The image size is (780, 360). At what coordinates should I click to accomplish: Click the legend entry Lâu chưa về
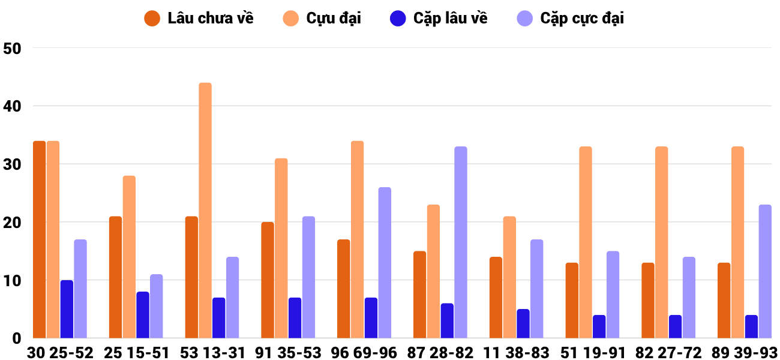tap(199, 19)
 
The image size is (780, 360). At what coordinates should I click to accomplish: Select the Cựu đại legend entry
tap(322, 19)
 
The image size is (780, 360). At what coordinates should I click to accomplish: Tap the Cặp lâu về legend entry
tap(439, 19)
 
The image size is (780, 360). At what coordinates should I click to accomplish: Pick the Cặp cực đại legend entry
tap(571, 19)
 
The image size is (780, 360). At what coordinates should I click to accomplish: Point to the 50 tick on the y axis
tap(12, 49)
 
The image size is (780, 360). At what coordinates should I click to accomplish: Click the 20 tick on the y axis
tap(12, 223)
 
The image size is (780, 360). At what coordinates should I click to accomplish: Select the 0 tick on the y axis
tap(16, 338)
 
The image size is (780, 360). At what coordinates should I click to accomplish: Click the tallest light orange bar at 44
tap(205, 210)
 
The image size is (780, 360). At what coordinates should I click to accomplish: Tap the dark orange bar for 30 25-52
tap(40, 239)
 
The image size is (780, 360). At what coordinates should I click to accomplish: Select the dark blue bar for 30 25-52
tap(67, 309)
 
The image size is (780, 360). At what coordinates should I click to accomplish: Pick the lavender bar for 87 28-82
tap(461, 242)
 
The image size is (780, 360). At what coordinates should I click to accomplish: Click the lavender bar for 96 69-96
tap(385, 263)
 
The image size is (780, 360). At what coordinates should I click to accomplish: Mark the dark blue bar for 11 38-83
tap(523, 323)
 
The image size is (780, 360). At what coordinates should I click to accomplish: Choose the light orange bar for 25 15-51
tap(129, 257)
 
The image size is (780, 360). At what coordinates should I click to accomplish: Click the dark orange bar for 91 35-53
tap(268, 280)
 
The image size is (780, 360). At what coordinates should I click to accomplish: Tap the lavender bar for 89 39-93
tap(765, 271)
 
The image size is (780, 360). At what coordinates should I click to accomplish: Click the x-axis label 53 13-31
tap(212, 353)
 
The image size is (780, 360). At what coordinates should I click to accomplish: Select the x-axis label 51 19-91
tap(593, 353)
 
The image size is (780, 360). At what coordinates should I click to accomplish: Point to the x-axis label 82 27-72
tap(668, 353)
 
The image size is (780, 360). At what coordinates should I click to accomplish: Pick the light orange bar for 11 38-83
tap(509, 277)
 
